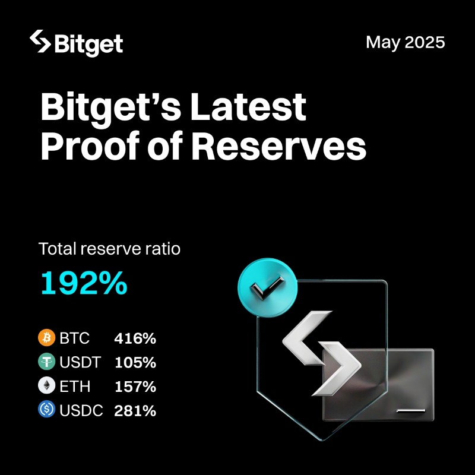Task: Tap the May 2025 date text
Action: (x=405, y=43)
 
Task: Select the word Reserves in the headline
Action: (x=279, y=147)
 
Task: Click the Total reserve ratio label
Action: (x=109, y=249)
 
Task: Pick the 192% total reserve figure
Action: (x=84, y=284)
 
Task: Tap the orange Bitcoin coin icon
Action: (x=46, y=338)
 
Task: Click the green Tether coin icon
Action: (x=46, y=362)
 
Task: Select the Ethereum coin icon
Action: (x=46, y=386)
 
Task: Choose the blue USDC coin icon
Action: (x=46, y=410)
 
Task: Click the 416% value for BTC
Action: (x=135, y=339)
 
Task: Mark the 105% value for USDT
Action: (x=135, y=363)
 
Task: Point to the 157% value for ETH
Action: (x=135, y=387)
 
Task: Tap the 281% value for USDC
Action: (x=135, y=410)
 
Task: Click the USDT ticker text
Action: (x=80, y=363)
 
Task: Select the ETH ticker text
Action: (x=75, y=387)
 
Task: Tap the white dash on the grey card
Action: (x=411, y=410)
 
